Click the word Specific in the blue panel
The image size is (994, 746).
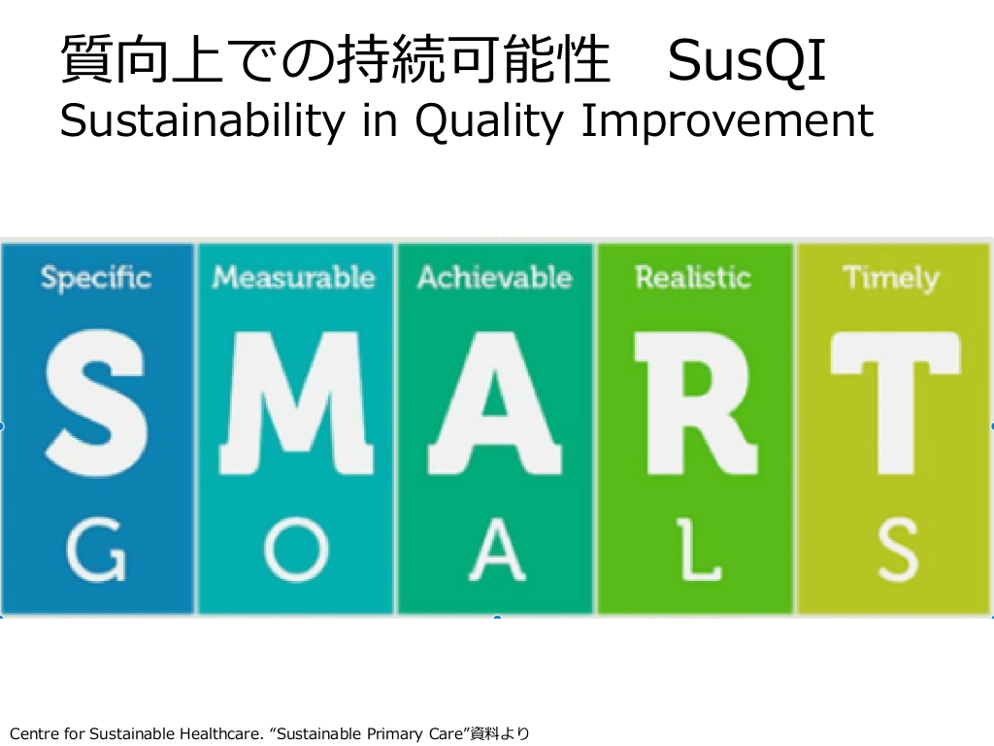click(x=96, y=279)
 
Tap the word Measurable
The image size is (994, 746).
click(x=293, y=277)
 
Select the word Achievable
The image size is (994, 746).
click(x=495, y=277)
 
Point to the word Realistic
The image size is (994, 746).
click(x=693, y=277)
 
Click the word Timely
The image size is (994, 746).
click(x=891, y=279)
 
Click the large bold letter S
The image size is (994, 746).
click(x=96, y=402)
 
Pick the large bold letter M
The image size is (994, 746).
click(x=296, y=402)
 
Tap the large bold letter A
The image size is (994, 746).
click(x=495, y=402)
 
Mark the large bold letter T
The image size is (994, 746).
click(x=895, y=402)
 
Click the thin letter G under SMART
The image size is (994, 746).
click(x=96, y=550)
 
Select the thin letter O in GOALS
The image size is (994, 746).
click(x=296, y=550)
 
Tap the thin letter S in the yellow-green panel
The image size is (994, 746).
click(x=898, y=550)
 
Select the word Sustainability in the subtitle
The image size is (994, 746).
click(x=202, y=120)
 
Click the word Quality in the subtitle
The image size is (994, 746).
click(x=489, y=121)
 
